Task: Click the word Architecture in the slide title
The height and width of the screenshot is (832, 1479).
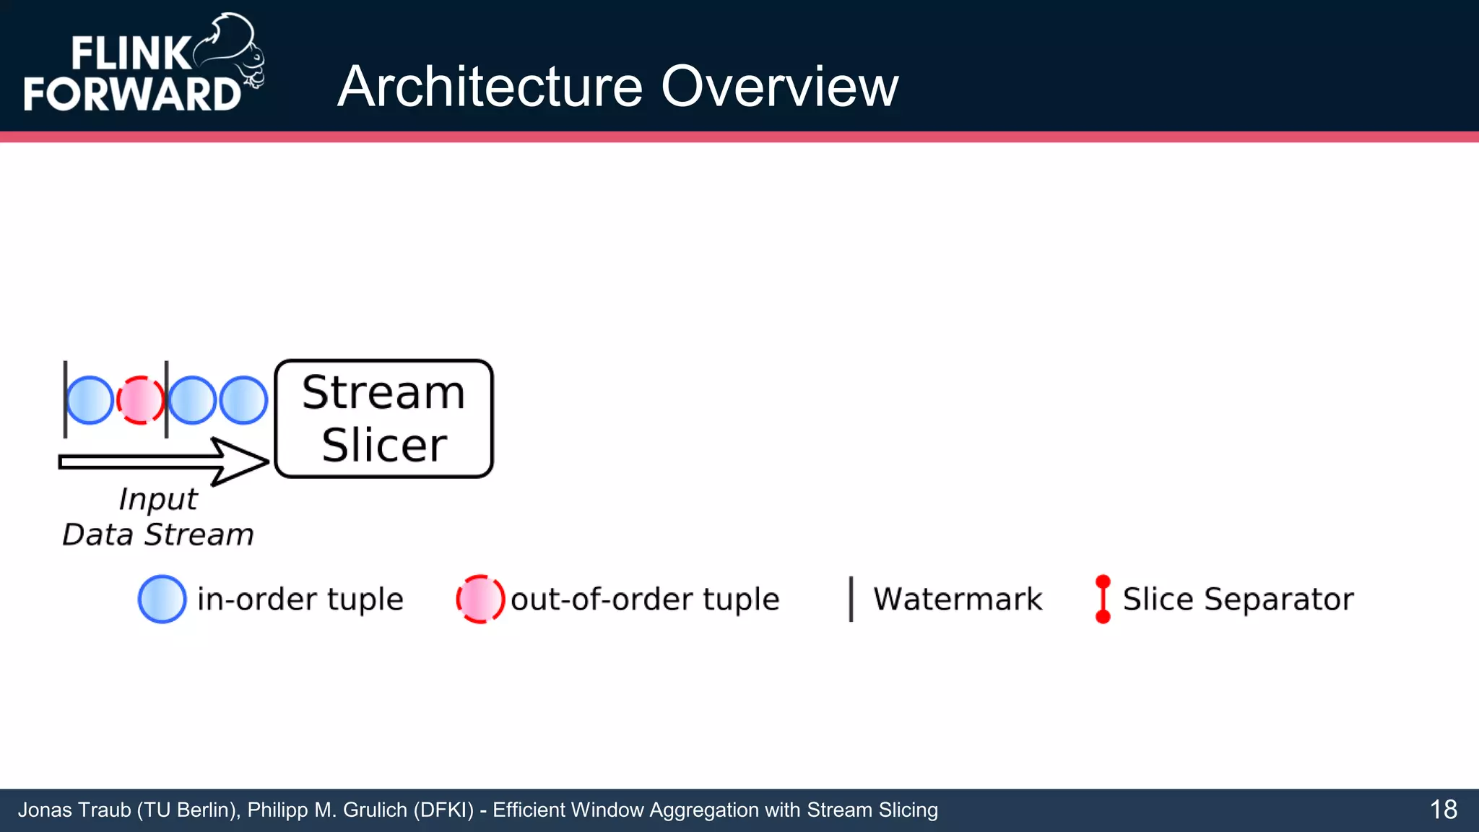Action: [x=490, y=87]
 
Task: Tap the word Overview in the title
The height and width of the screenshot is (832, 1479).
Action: [x=780, y=87]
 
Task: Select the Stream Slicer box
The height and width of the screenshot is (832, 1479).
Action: [x=383, y=419]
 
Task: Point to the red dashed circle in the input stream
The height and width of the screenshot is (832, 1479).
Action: [x=140, y=400]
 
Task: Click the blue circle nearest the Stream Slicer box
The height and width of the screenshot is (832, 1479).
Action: [x=243, y=400]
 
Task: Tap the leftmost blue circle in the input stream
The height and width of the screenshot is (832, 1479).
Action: [x=90, y=400]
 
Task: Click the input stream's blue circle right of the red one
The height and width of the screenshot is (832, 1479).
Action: [x=192, y=400]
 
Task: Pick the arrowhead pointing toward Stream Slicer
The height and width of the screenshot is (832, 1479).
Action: [x=242, y=461]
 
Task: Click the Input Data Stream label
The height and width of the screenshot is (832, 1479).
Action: [x=158, y=517]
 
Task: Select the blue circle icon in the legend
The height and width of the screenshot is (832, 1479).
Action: [x=162, y=599]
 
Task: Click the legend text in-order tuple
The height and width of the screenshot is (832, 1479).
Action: [x=300, y=599]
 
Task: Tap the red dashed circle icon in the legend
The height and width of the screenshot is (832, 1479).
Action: [x=480, y=599]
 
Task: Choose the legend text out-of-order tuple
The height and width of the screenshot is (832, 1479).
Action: [x=645, y=599]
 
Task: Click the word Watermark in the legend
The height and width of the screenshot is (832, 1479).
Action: [x=958, y=599]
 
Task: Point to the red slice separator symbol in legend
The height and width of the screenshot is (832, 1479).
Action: [x=1103, y=599]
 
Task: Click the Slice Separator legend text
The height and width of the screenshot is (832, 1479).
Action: [x=1238, y=599]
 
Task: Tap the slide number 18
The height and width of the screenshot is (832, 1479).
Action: [x=1443, y=810]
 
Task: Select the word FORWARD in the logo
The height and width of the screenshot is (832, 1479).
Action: [x=132, y=95]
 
